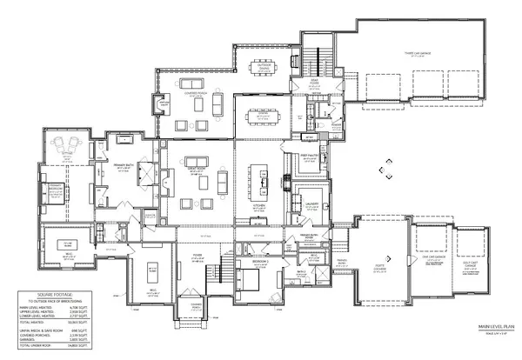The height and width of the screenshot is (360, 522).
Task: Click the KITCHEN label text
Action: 258,206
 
